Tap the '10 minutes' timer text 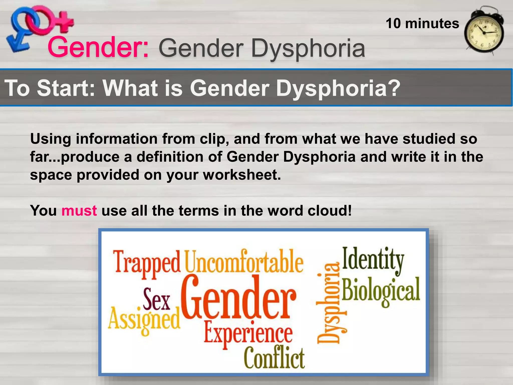(422, 24)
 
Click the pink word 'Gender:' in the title (98, 47)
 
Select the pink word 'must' (79, 211)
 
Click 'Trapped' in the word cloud (147, 262)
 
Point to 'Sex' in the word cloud (156, 300)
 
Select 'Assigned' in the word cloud (144, 319)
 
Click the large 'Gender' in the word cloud (238, 298)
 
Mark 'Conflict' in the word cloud (274, 357)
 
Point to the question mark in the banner (393, 88)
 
